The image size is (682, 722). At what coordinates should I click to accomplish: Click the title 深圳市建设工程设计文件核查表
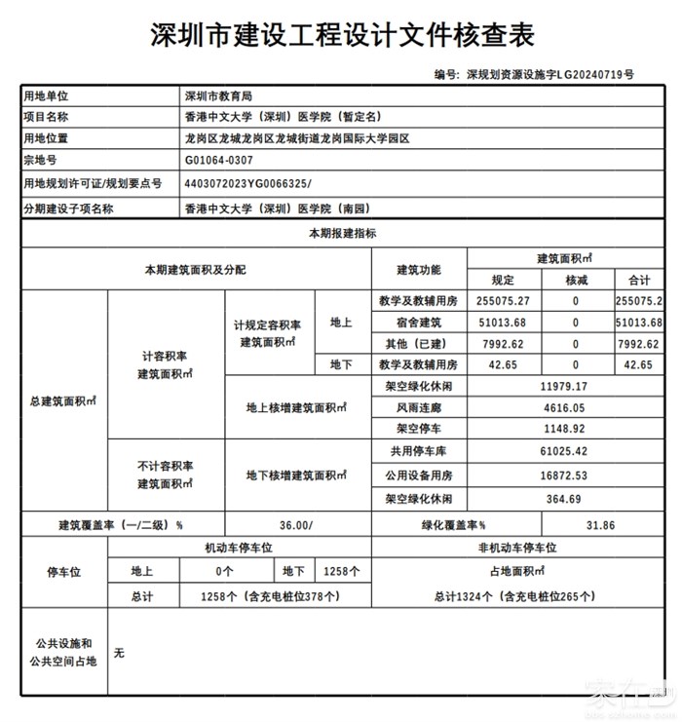(340, 36)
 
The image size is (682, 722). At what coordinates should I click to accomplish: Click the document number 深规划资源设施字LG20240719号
(549, 74)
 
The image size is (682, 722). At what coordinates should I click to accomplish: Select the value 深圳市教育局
(218, 96)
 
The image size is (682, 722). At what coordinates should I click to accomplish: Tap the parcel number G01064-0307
(218, 160)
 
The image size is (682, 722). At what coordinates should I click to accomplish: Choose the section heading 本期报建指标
(342, 234)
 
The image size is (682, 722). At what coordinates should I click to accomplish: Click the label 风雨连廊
(419, 408)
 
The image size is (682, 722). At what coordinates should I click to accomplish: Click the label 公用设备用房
(419, 475)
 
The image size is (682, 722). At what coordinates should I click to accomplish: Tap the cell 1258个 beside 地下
(341, 571)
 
